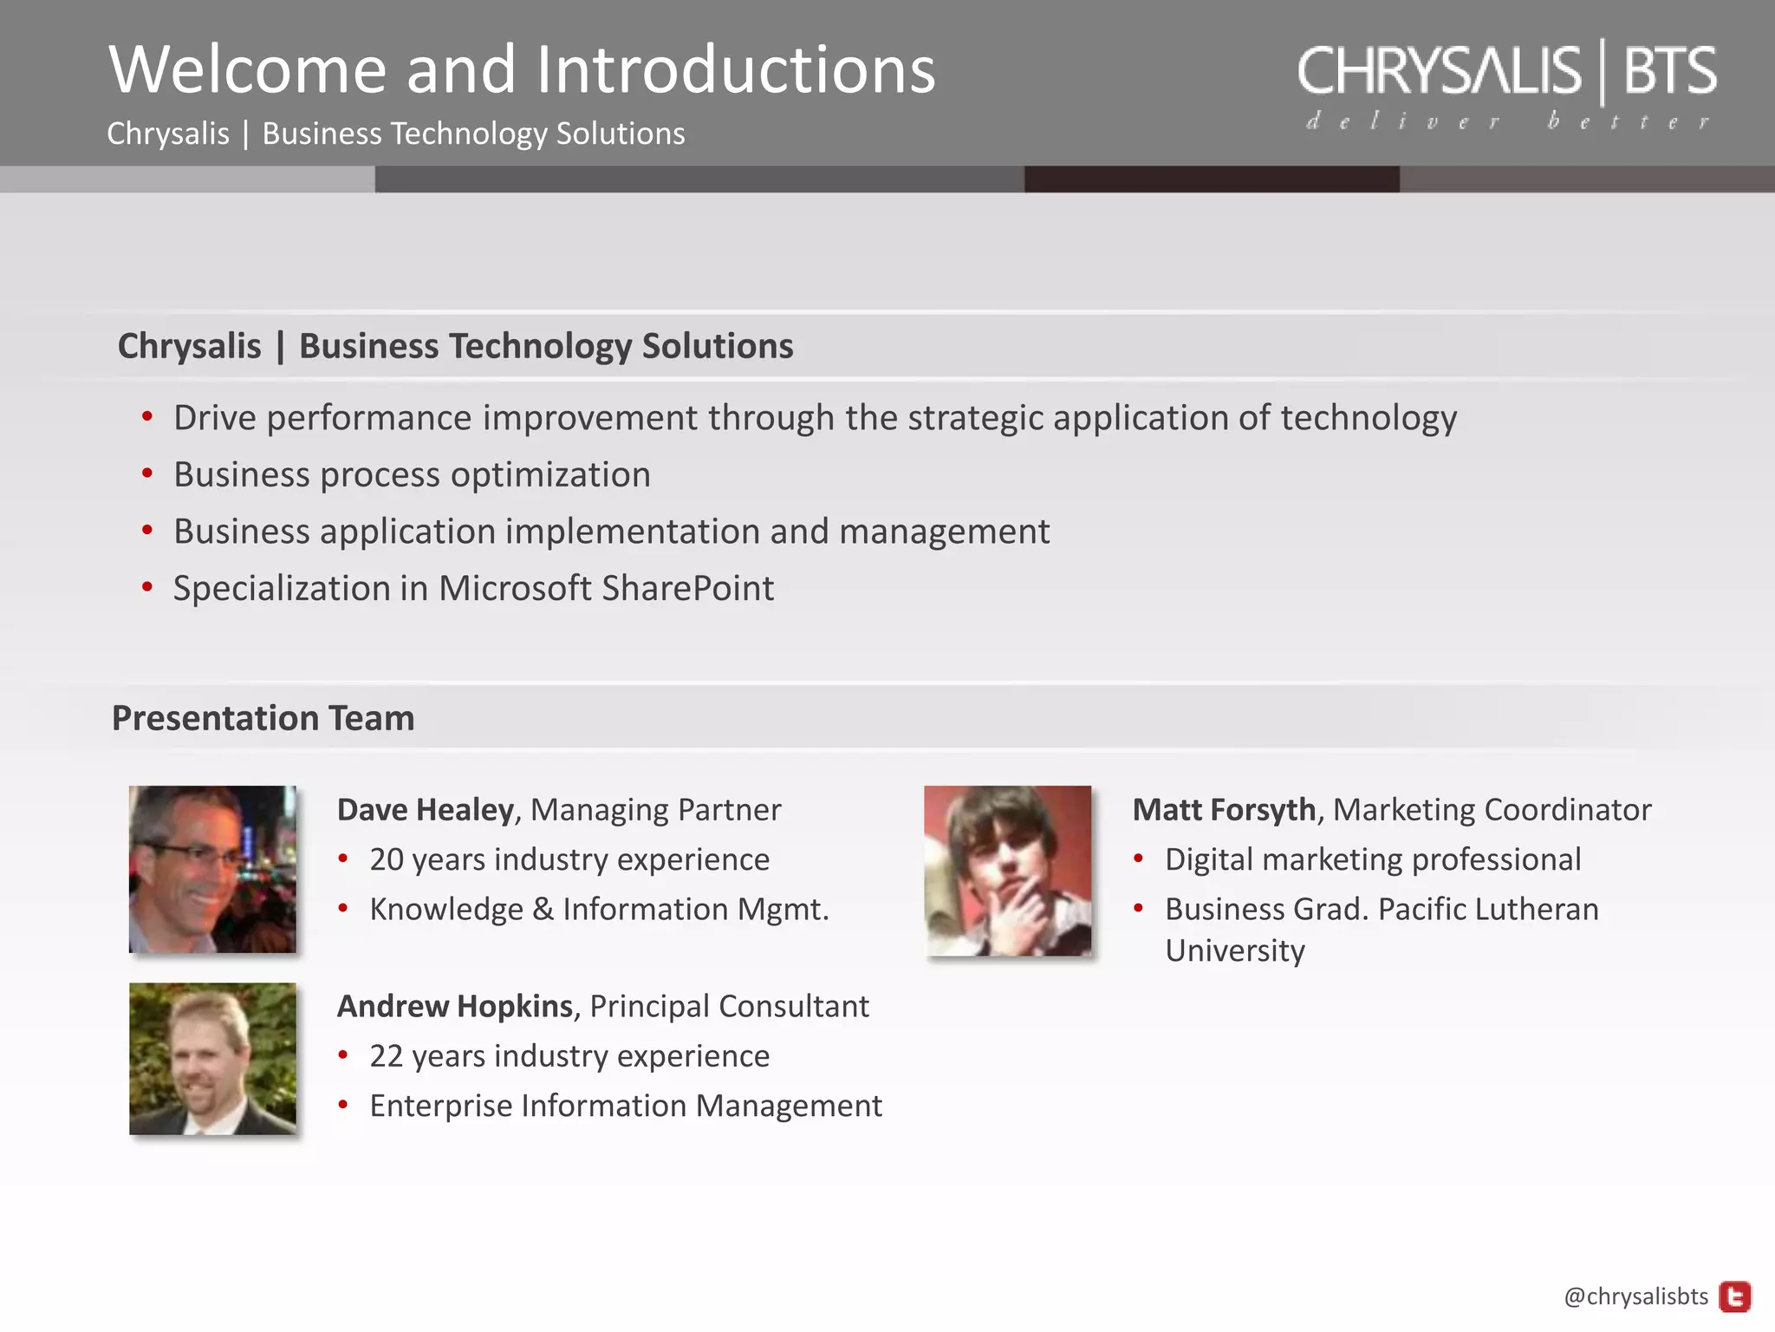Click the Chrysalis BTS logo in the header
click(1506, 71)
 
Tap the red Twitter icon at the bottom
click(1734, 1296)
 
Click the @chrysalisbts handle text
click(1635, 1296)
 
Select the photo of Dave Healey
click(212, 869)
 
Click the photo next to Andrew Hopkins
click(212, 1058)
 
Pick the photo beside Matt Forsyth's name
click(1007, 871)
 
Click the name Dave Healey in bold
click(425, 809)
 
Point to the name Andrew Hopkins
click(454, 1006)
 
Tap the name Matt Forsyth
click(1224, 809)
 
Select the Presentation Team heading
click(263, 718)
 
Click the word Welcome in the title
click(247, 69)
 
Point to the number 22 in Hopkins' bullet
click(386, 1056)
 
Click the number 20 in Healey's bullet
click(386, 859)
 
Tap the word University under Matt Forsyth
click(1234, 950)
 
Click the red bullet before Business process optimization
click(147, 473)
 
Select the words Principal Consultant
click(729, 1006)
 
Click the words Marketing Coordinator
click(1492, 809)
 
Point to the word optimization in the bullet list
click(550, 475)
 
